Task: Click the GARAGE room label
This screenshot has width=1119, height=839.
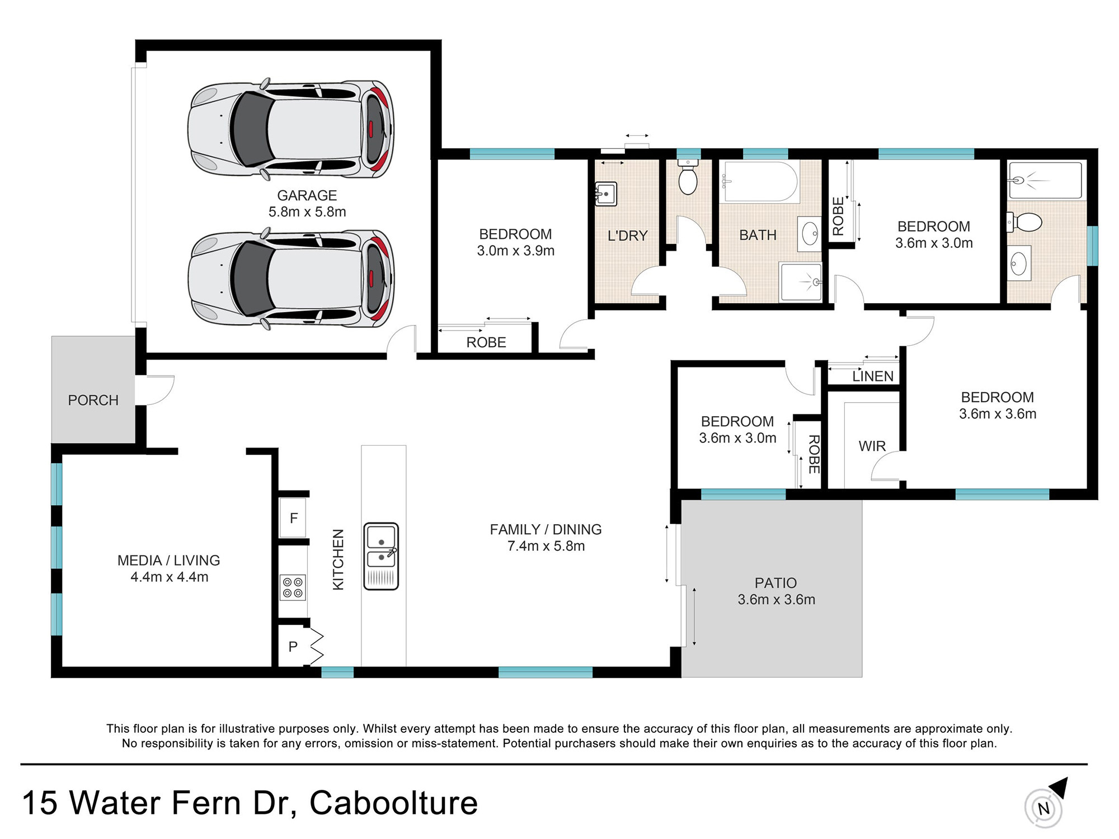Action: (x=307, y=195)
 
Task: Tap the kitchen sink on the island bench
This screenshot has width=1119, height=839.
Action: (x=381, y=556)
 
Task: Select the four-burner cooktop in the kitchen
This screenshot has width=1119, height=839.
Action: (x=293, y=587)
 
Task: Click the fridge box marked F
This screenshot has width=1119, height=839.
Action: (x=293, y=518)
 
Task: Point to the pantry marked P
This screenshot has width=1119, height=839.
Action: (x=293, y=647)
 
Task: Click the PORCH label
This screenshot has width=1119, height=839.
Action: (x=93, y=400)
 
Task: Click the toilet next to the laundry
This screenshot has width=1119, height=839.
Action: (x=688, y=176)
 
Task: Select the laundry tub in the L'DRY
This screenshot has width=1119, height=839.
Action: (x=605, y=194)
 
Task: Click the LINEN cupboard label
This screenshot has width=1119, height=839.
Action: (x=873, y=376)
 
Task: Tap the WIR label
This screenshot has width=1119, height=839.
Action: (x=872, y=446)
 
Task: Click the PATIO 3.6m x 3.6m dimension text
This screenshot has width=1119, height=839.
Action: (x=777, y=600)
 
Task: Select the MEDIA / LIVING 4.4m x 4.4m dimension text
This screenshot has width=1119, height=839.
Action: (x=170, y=577)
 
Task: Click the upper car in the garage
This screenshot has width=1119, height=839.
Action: (x=290, y=129)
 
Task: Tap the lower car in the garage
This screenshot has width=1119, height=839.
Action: (x=290, y=278)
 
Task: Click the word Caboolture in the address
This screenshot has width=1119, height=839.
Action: (x=393, y=803)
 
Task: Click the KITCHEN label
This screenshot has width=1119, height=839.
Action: (x=338, y=559)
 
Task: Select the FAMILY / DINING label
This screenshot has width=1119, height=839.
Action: (x=546, y=529)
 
